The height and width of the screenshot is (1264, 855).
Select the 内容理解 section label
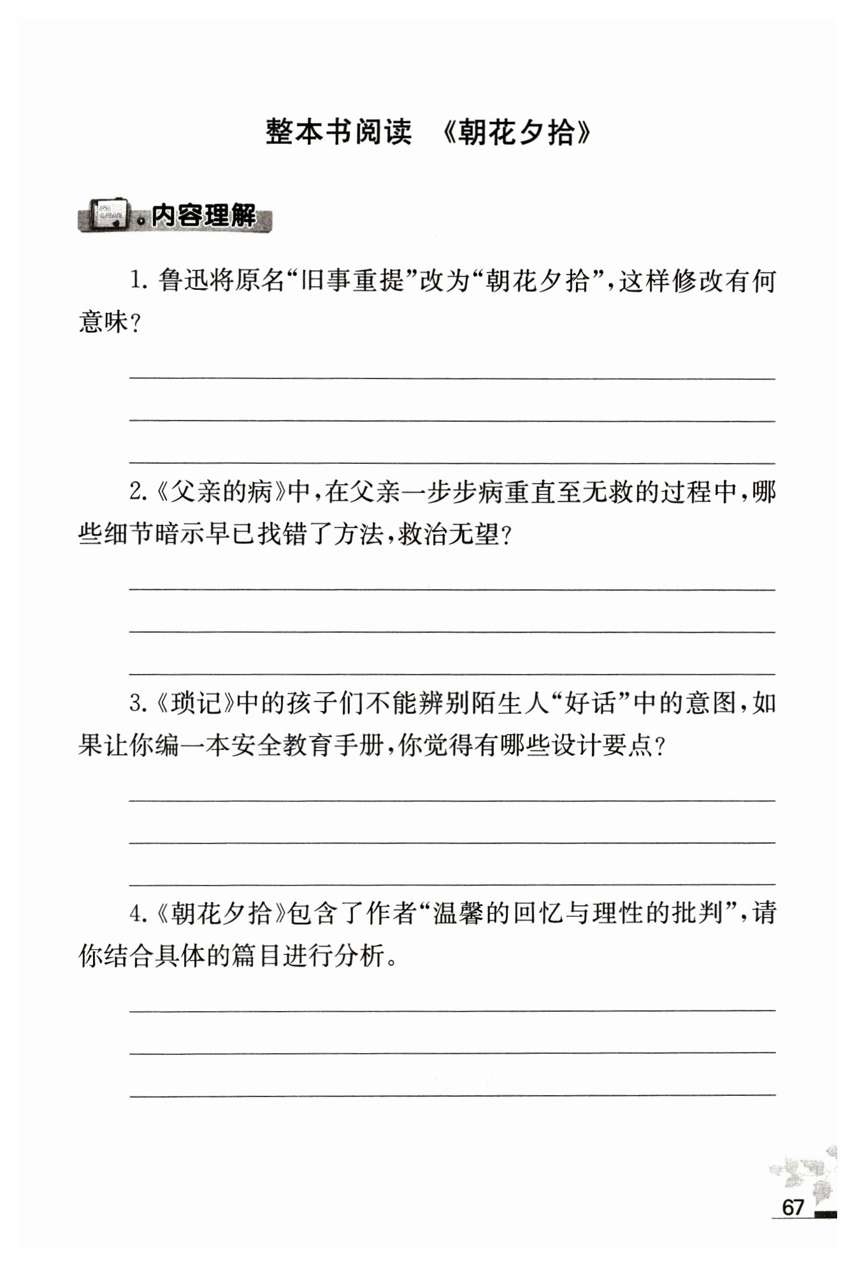pyautogui.click(x=203, y=217)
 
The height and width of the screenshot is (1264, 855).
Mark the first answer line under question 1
pyautogui.click(x=452, y=378)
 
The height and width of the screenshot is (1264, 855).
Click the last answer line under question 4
pyautogui.click(x=452, y=1095)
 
